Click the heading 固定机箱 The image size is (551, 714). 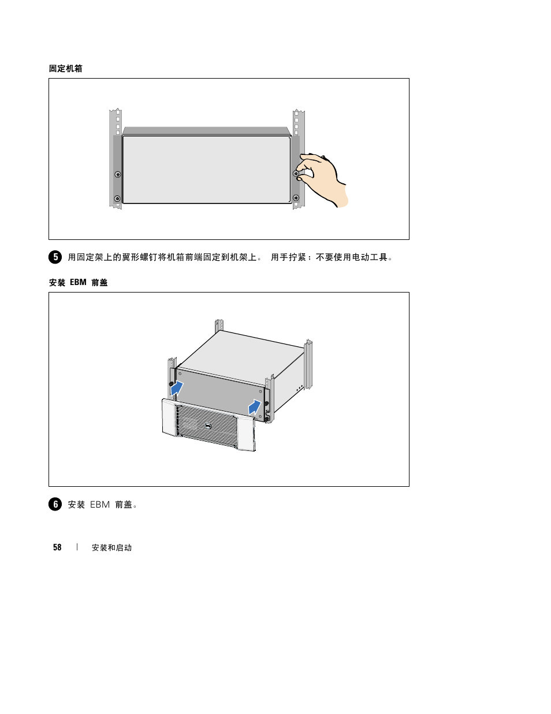pyautogui.click(x=66, y=69)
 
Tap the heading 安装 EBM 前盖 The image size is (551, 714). pyautogui.click(x=79, y=283)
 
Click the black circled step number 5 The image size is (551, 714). pyautogui.click(x=55, y=257)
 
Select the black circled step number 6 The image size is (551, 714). pyautogui.click(x=55, y=504)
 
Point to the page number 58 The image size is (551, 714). pyautogui.click(x=57, y=547)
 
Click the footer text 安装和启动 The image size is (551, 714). pyautogui.click(x=111, y=547)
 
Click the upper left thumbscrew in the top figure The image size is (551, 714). pyautogui.click(x=117, y=174)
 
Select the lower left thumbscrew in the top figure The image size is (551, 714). pyautogui.click(x=117, y=198)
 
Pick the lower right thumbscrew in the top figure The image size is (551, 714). pyautogui.click(x=296, y=198)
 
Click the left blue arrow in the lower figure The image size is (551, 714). pyautogui.click(x=177, y=389)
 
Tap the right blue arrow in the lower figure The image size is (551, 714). pyautogui.click(x=255, y=408)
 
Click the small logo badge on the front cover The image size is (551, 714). pyautogui.click(x=208, y=426)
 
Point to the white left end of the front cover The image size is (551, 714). pyautogui.click(x=169, y=417)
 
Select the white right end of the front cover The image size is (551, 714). pyautogui.click(x=246, y=434)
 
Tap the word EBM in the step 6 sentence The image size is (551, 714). pyautogui.click(x=100, y=505)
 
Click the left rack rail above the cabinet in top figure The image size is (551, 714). pyautogui.click(x=116, y=122)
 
